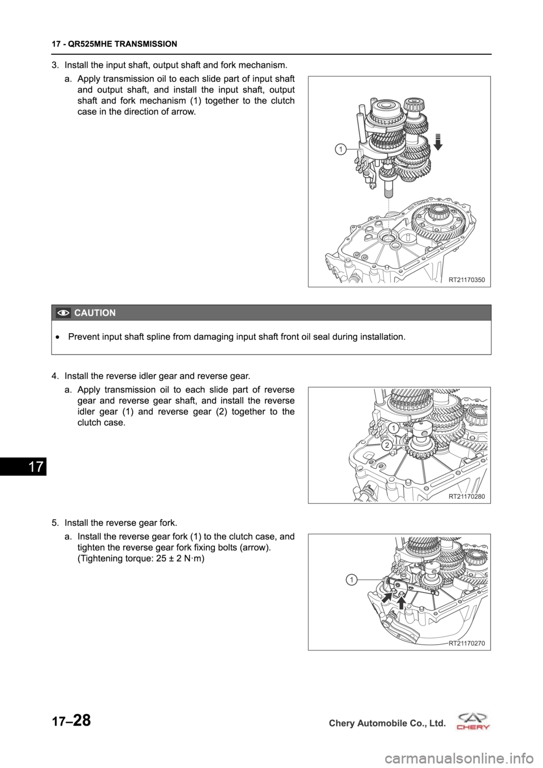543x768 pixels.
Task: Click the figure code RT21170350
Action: pyautogui.click(x=467, y=280)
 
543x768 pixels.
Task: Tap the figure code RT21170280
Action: pyautogui.click(x=467, y=496)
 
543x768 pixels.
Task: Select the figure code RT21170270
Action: pyautogui.click(x=467, y=643)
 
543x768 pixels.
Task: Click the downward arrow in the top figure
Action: pyautogui.click(x=438, y=143)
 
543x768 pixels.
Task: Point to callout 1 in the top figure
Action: pyautogui.click(x=340, y=149)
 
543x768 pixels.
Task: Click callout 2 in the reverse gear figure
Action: pyautogui.click(x=386, y=445)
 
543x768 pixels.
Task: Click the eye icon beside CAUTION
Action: pyautogui.click(x=63, y=313)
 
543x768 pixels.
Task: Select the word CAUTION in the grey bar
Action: pyautogui.click(x=95, y=313)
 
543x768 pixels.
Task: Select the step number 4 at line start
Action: pyautogui.click(x=54, y=376)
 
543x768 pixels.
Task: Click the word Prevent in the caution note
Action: pyautogui.click(x=81, y=337)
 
